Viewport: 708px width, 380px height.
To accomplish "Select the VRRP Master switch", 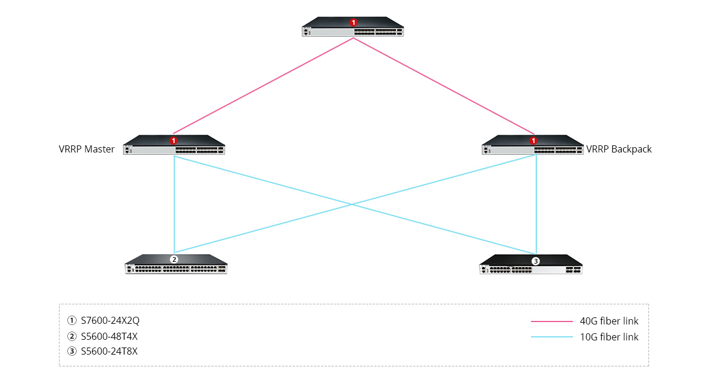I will pyautogui.click(x=174, y=147).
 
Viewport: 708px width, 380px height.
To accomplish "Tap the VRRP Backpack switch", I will pyautogui.click(x=533, y=147).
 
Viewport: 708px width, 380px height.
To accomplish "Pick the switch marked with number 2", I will pyautogui.click(x=176, y=265).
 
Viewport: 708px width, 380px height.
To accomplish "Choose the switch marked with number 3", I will pyautogui.click(x=530, y=267).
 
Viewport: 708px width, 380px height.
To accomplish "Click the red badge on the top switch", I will pyautogui.click(x=353, y=22).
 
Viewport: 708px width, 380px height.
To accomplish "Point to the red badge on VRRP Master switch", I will pyautogui.click(x=173, y=141).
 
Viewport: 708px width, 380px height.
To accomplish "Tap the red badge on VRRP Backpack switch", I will pyautogui.click(x=533, y=141).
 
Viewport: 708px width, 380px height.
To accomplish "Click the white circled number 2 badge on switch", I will pyautogui.click(x=173, y=259).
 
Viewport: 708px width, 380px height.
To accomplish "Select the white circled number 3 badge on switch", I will pyautogui.click(x=536, y=261).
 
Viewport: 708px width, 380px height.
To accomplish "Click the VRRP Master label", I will pyautogui.click(x=87, y=150).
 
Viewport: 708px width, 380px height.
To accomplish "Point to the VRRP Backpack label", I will pyautogui.click(x=619, y=150).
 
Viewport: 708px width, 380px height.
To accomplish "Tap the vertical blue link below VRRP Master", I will pyautogui.click(x=175, y=204).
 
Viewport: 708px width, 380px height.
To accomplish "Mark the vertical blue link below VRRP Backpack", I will pyautogui.click(x=536, y=204).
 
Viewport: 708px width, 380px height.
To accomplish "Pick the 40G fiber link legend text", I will pyautogui.click(x=609, y=321).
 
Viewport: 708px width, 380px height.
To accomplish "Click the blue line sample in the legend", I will pyautogui.click(x=552, y=337).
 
